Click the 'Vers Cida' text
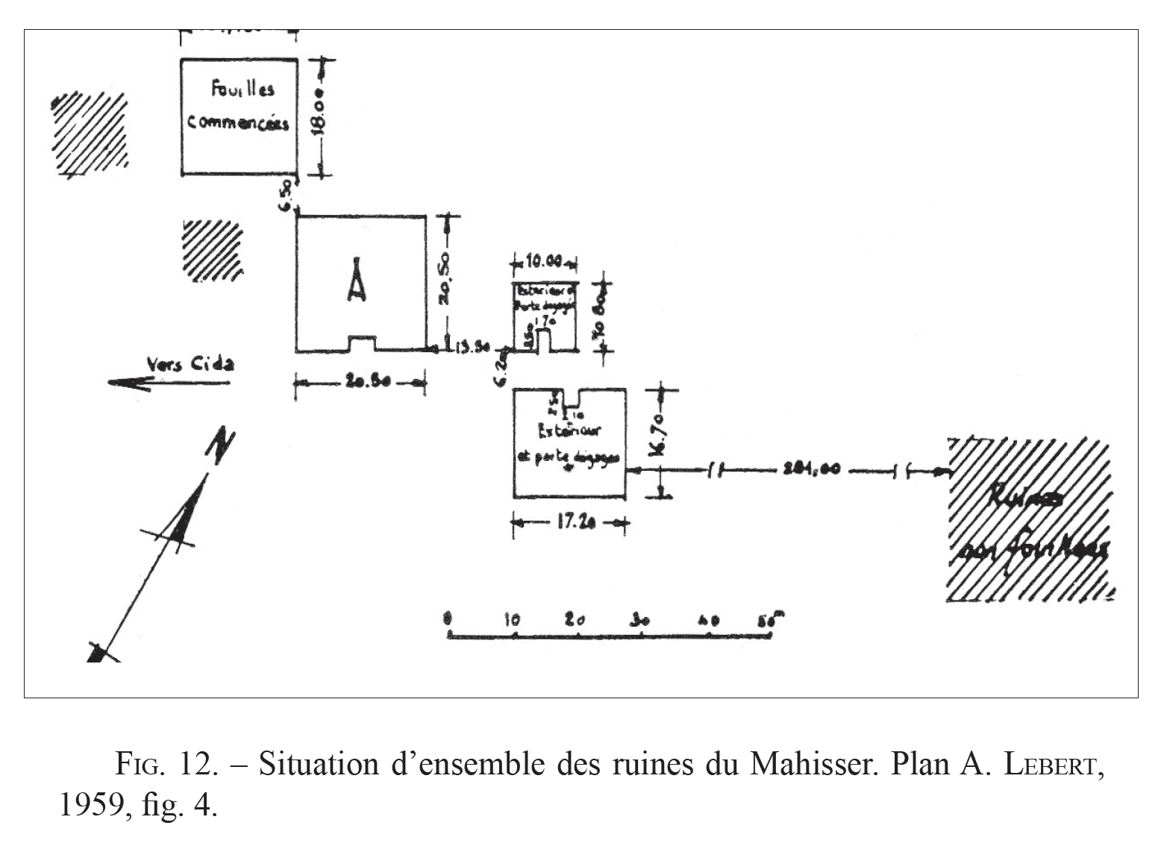(x=190, y=363)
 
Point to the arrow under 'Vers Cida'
(x=168, y=383)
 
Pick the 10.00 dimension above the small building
(x=543, y=263)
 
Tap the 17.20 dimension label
(x=569, y=524)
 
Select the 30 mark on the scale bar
(x=639, y=618)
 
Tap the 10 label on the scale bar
(x=513, y=619)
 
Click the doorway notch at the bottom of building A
(x=362, y=344)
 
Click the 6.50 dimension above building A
(x=288, y=195)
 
